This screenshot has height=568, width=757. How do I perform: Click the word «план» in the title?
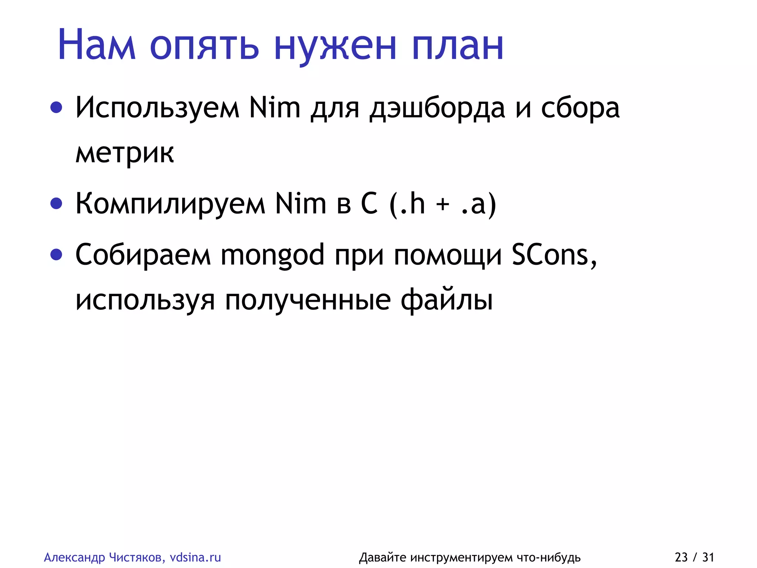point(458,46)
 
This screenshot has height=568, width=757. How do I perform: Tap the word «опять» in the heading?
point(204,46)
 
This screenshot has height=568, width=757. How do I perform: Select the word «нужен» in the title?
point(335,46)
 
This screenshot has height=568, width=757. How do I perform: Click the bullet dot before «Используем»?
point(56,108)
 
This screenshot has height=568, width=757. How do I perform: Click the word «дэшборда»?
point(437,108)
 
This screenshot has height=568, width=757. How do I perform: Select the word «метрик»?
point(125,152)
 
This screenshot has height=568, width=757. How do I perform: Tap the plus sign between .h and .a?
point(442,204)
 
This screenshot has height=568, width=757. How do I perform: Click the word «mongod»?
point(272,255)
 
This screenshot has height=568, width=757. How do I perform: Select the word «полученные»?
point(308,300)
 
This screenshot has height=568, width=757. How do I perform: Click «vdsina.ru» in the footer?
point(195,557)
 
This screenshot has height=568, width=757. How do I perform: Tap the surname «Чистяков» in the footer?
point(137,557)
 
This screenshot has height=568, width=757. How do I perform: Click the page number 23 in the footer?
point(681,557)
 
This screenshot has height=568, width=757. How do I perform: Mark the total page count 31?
point(708,557)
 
